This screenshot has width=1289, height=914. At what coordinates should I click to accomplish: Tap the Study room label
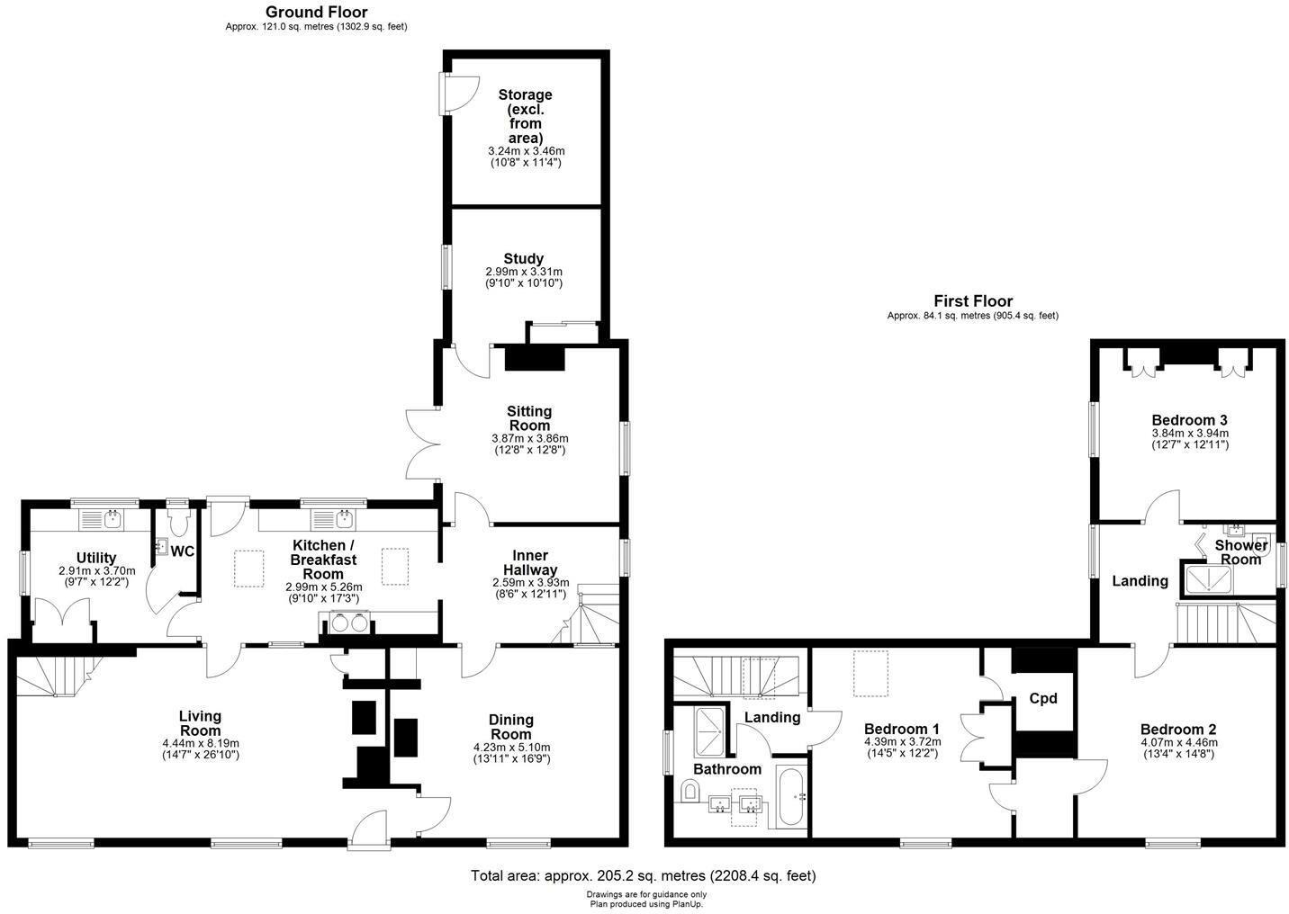(523, 259)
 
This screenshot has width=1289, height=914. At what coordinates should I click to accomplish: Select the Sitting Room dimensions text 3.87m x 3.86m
(529, 438)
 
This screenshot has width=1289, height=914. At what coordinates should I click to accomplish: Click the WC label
(183, 551)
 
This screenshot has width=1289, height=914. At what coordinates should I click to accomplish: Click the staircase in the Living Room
(54, 676)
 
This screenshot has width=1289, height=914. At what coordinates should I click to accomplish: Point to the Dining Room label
(510, 720)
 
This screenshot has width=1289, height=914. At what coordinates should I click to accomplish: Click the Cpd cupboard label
(1042, 698)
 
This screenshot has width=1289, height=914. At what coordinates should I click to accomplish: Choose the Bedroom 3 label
(1189, 420)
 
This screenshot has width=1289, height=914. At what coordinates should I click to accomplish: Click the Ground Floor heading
(316, 12)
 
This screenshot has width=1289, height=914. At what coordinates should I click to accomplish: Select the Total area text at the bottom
(644, 875)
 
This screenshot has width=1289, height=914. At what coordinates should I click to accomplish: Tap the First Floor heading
(972, 301)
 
